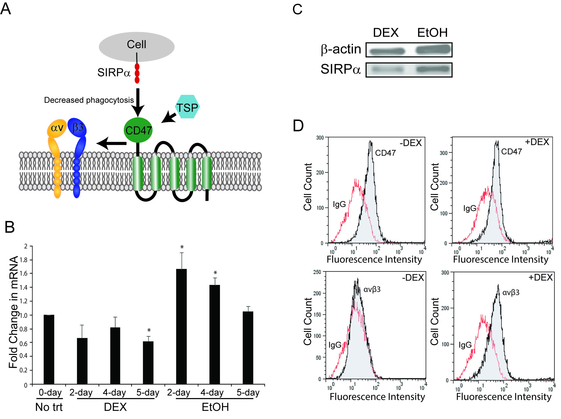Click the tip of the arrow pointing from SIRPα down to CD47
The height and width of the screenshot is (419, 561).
point(138,117)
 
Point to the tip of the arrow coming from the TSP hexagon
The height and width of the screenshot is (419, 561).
point(162,123)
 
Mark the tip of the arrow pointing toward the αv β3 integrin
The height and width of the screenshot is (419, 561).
point(97,143)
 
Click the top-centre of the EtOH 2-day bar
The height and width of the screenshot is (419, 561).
point(181,269)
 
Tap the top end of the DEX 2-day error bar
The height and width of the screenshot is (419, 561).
point(82,325)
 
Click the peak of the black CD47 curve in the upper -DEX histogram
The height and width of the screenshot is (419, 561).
point(371,141)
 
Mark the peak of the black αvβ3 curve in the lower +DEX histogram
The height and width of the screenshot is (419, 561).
point(498,284)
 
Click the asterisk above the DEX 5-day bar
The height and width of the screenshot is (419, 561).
point(149,330)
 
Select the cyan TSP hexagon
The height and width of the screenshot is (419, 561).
point(187,107)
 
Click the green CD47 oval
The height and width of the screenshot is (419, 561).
point(138,130)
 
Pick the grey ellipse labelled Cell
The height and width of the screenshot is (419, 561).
point(136,47)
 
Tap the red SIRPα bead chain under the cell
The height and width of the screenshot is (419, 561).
point(137,73)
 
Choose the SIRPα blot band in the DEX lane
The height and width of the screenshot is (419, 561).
point(387,69)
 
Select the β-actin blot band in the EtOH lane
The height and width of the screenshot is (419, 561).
point(433,50)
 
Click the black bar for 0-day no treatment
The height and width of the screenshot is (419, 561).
point(49,349)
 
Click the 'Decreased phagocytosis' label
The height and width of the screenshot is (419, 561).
point(89,100)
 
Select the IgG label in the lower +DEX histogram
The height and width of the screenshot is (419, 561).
point(465,345)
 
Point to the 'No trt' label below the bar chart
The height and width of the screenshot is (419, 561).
point(49,407)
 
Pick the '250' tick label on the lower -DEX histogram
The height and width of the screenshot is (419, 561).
point(317,272)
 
